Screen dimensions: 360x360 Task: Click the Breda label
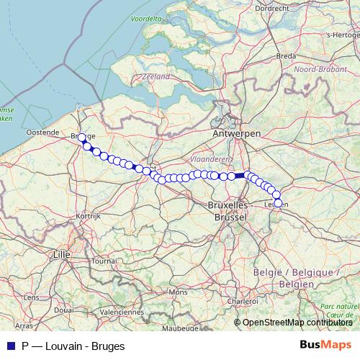[x=286, y=55]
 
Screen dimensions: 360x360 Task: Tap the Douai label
[x=63, y=309]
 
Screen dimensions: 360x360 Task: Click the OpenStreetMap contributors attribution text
[x=297, y=322]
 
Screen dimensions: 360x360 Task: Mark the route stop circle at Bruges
[x=81, y=138]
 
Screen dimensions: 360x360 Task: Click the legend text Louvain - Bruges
[x=79, y=346]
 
